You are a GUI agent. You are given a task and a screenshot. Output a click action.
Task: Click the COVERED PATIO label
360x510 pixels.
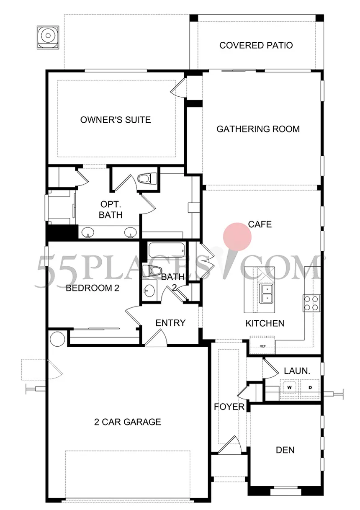coord(256,45)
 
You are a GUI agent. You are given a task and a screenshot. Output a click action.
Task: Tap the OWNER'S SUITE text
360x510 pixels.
coord(116,120)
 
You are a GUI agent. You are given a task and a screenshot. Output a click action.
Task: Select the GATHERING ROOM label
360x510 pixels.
coord(258,129)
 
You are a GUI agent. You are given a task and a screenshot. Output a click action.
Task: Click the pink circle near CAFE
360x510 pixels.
coord(237,237)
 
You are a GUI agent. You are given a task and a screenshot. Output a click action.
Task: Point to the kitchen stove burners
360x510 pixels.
coord(311,303)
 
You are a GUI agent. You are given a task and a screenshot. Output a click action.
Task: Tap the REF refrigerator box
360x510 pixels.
coord(262,345)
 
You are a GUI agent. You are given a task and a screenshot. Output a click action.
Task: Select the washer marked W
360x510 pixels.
coord(289,387)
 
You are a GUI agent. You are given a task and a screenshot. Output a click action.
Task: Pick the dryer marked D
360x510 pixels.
coord(310,387)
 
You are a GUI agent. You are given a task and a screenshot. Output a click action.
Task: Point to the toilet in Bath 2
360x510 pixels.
coord(151,270)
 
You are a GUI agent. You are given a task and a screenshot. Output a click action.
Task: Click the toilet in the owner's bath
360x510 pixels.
coord(147,178)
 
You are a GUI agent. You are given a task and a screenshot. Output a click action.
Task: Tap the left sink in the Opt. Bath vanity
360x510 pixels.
coord(88,233)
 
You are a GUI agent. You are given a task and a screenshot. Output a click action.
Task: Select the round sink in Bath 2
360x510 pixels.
coord(149,291)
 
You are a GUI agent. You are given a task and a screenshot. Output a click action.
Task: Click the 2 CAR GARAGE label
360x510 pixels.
coord(127,422)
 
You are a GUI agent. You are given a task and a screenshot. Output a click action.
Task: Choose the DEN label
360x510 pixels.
coord(285,450)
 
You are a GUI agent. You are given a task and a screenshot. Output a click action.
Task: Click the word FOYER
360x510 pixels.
coord(229,407)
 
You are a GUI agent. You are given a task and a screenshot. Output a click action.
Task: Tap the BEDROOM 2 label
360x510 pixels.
coord(93,288)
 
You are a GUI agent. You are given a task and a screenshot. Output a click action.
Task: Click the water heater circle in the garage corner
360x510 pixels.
coord(57,339)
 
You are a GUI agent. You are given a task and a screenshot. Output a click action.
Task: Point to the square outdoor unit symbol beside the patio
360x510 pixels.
coord(48,37)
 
